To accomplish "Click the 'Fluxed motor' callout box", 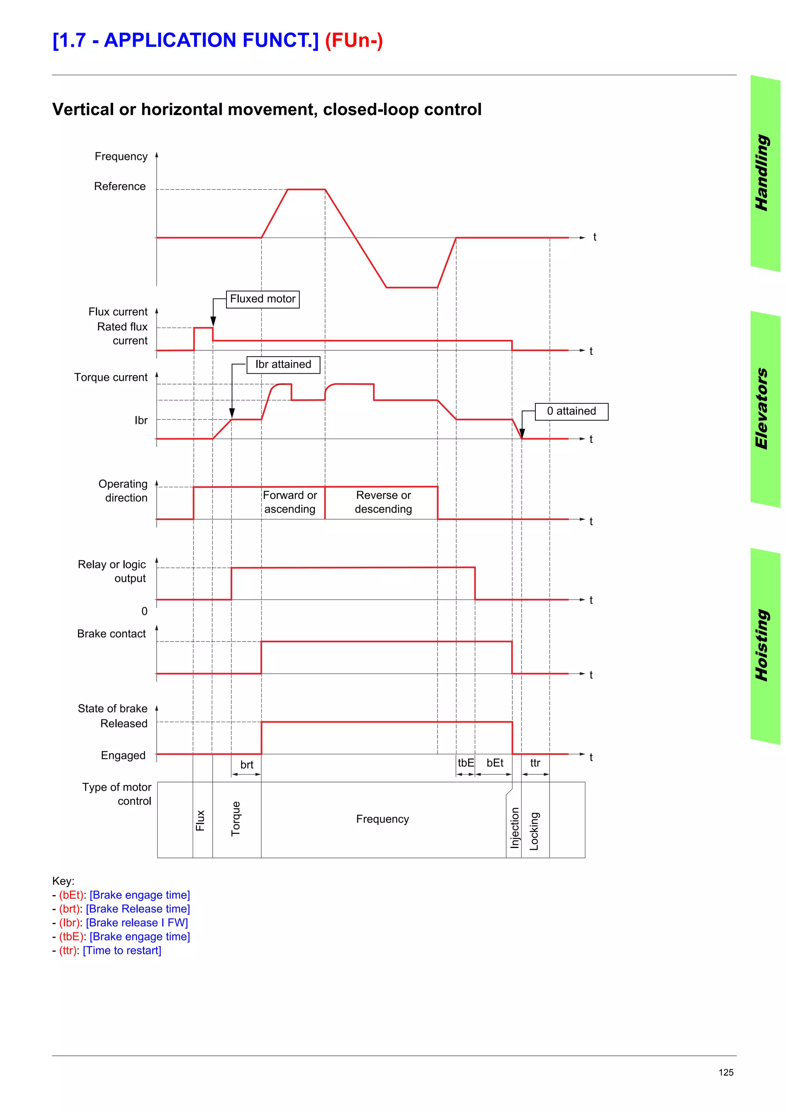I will pyautogui.click(x=263, y=299).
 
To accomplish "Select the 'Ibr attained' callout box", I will pyautogui.click(x=283, y=364).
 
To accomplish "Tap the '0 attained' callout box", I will pyautogui.click(x=571, y=411).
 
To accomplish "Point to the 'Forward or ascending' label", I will pyautogui.click(x=290, y=502).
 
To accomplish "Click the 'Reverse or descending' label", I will pyautogui.click(x=383, y=502).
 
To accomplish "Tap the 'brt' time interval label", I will pyautogui.click(x=246, y=765).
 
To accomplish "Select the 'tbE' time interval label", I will pyautogui.click(x=466, y=763).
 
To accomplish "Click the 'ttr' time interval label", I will pyautogui.click(x=535, y=763).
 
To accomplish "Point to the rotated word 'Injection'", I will pyautogui.click(x=514, y=828).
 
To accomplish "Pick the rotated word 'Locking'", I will pyautogui.click(x=534, y=831).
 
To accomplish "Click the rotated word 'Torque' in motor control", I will pyautogui.click(x=236, y=819).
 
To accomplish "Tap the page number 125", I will pyautogui.click(x=725, y=1072).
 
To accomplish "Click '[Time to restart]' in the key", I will pyautogui.click(x=122, y=950).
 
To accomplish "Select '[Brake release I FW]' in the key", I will pyautogui.click(x=137, y=922).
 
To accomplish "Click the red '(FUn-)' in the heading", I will pyautogui.click(x=353, y=40).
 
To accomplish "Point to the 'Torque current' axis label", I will pyautogui.click(x=111, y=377).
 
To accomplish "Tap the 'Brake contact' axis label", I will pyautogui.click(x=111, y=634).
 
